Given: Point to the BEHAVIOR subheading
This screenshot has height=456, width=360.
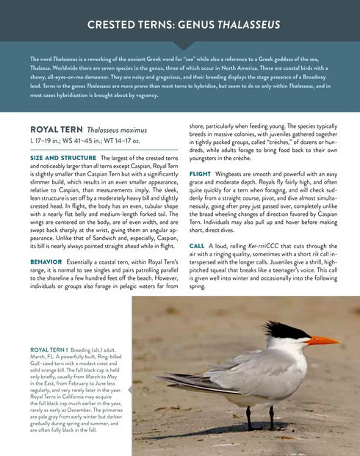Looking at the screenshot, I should point(46,261).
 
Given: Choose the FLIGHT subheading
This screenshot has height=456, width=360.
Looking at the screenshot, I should point(200,174).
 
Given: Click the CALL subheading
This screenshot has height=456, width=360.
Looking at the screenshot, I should point(197,245).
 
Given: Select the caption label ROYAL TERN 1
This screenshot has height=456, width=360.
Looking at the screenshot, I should point(48,350).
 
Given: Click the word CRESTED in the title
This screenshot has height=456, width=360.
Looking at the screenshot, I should point(113,25).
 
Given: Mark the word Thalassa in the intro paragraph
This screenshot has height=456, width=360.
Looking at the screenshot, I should point(42,66).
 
